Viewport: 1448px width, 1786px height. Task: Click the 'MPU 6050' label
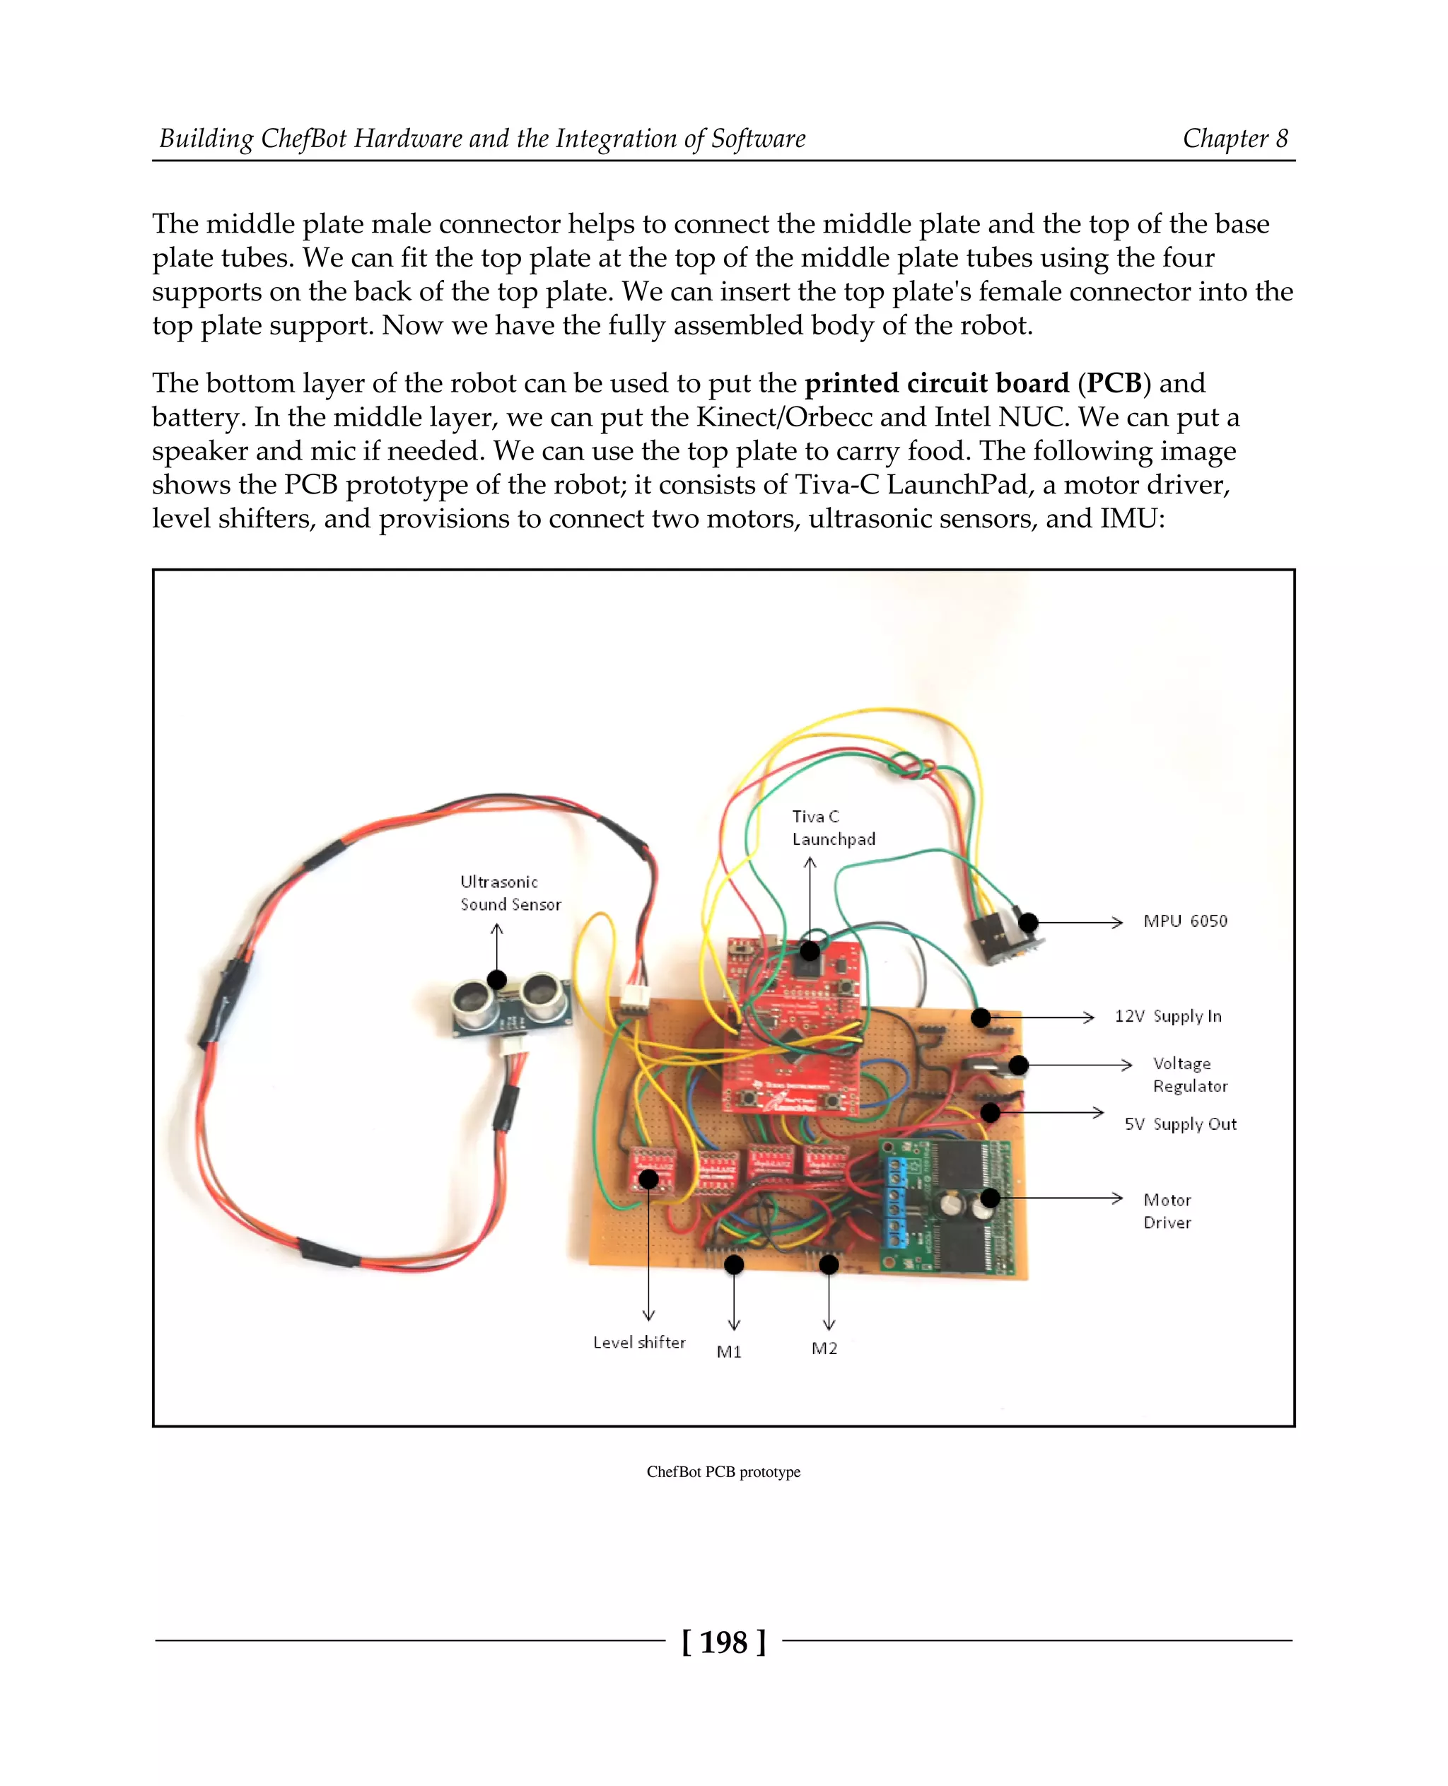click(x=1184, y=921)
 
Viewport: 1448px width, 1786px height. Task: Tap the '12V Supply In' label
click(x=1168, y=1016)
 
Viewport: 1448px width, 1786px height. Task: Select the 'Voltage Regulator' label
click(x=1189, y=1075)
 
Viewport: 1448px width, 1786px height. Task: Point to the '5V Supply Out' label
click(x=1180, y=1123)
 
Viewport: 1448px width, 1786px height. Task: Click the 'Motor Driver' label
click(x=1167, y=1210)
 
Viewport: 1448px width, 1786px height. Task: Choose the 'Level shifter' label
click(x=639, y=1342)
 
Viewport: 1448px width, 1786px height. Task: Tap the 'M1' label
click(x=729, y=1351)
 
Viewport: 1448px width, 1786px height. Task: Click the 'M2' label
click(x=824, y=1348)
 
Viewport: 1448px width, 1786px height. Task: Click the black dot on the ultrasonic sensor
click(x=497, y=979)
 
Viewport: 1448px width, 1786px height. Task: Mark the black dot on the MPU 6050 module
click(x=1029, y=922)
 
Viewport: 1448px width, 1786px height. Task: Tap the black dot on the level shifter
click(x=648, y=1179)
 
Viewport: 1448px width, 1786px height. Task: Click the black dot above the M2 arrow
click(x=828, y=1265)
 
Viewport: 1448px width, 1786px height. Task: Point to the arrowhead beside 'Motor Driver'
click(x=1118, y=1198)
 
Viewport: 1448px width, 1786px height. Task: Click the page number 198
click(x=723, y=1642)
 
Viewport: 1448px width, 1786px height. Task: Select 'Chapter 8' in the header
click(x=1234, y=139)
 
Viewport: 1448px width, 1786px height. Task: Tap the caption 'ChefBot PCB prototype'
click(x=723, y=1471)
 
